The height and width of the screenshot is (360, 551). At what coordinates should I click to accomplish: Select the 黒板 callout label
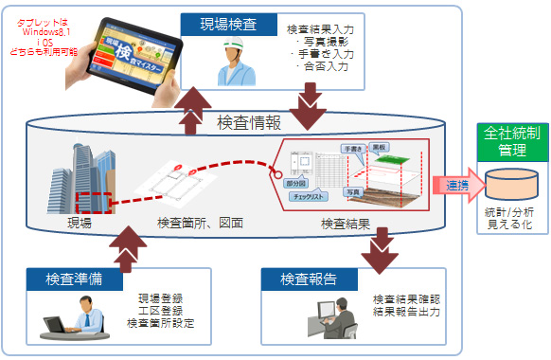378,150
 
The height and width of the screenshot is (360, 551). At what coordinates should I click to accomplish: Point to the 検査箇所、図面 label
199,224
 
